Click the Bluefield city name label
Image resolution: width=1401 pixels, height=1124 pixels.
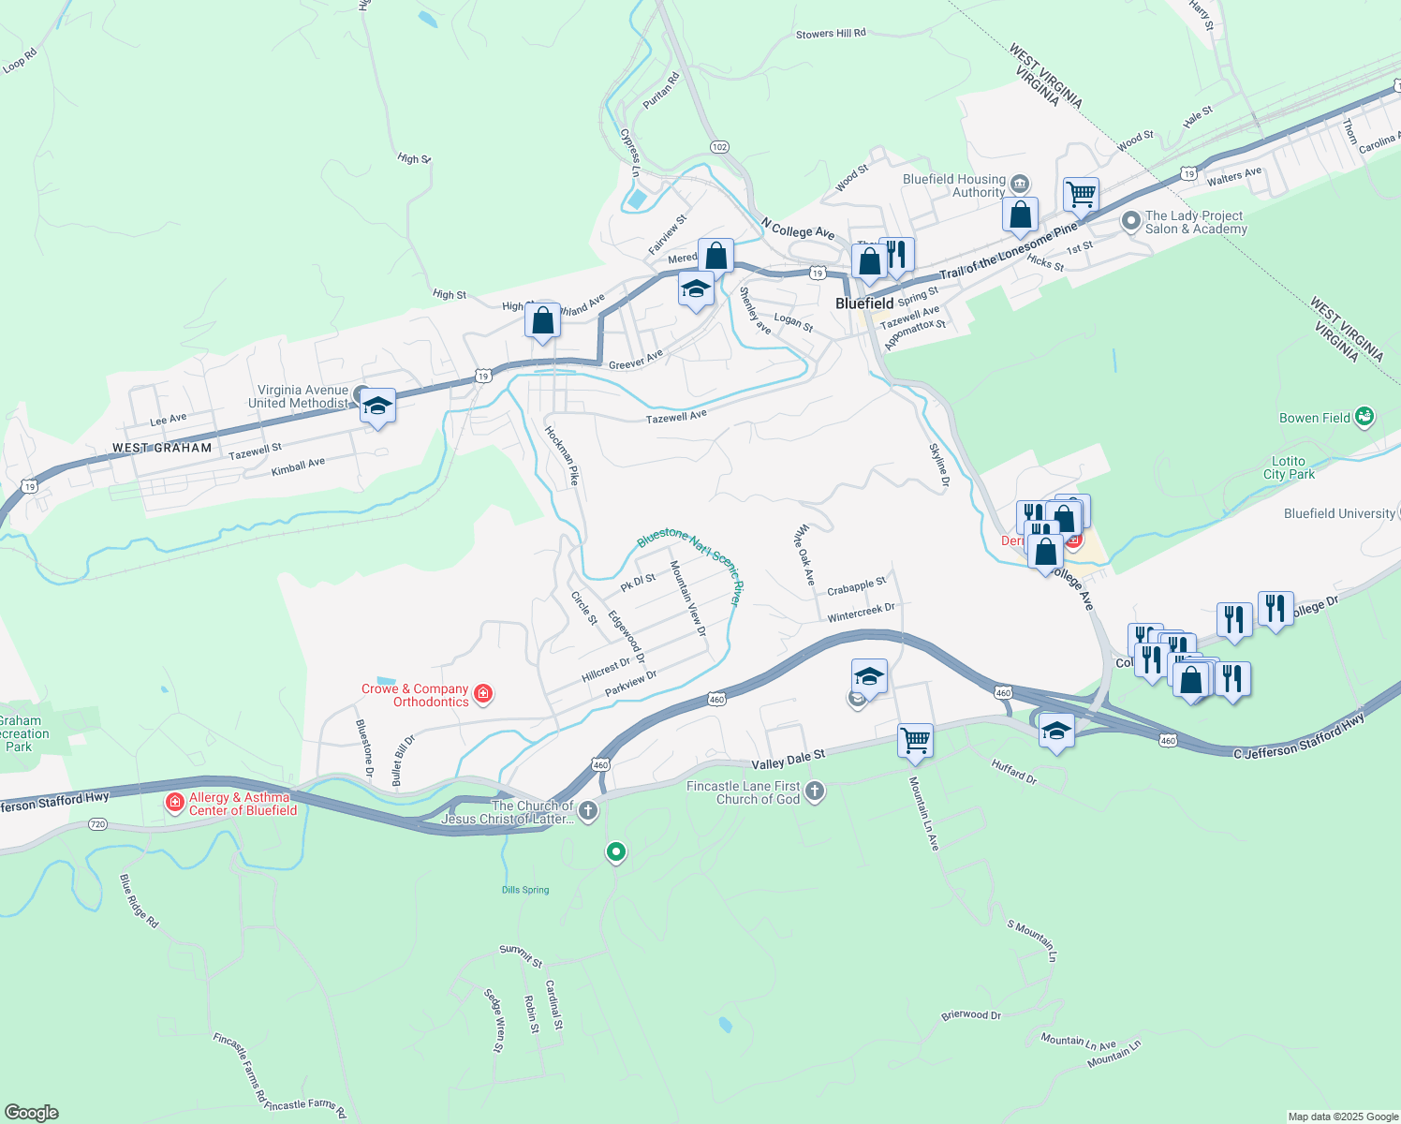coord(864,303)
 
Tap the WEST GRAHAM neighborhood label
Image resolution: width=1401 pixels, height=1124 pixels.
coord(162,448)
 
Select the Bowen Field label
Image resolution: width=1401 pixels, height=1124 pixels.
coord(1315,418)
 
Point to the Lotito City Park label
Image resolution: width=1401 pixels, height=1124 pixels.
coord(1289,467)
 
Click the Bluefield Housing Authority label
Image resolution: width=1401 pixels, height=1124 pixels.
coord(954,185)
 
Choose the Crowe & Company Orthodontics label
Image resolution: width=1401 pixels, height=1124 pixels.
coord(415,695)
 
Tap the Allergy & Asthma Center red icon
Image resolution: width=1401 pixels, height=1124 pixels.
coord(174,802)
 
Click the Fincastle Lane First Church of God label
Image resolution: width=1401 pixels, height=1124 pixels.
coord(744,792)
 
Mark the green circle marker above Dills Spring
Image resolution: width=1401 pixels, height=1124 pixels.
coord(615,851)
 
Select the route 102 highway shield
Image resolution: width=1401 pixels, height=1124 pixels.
coord(719,147)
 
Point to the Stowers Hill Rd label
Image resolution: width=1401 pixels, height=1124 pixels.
coord(831,34)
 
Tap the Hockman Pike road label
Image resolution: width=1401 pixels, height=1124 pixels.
coord(562,455)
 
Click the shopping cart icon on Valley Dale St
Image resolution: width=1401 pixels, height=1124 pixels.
coord(915,740)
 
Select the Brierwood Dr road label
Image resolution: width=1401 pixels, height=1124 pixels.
coord(971,1015)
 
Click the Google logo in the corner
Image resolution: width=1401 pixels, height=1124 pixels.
coord(31,1113)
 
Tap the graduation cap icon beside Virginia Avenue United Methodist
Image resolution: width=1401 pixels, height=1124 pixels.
coord(377,406)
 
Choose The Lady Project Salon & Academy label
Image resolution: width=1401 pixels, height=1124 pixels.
coord(1196,222)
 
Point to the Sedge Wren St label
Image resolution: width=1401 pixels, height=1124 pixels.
coord(494,1020)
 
